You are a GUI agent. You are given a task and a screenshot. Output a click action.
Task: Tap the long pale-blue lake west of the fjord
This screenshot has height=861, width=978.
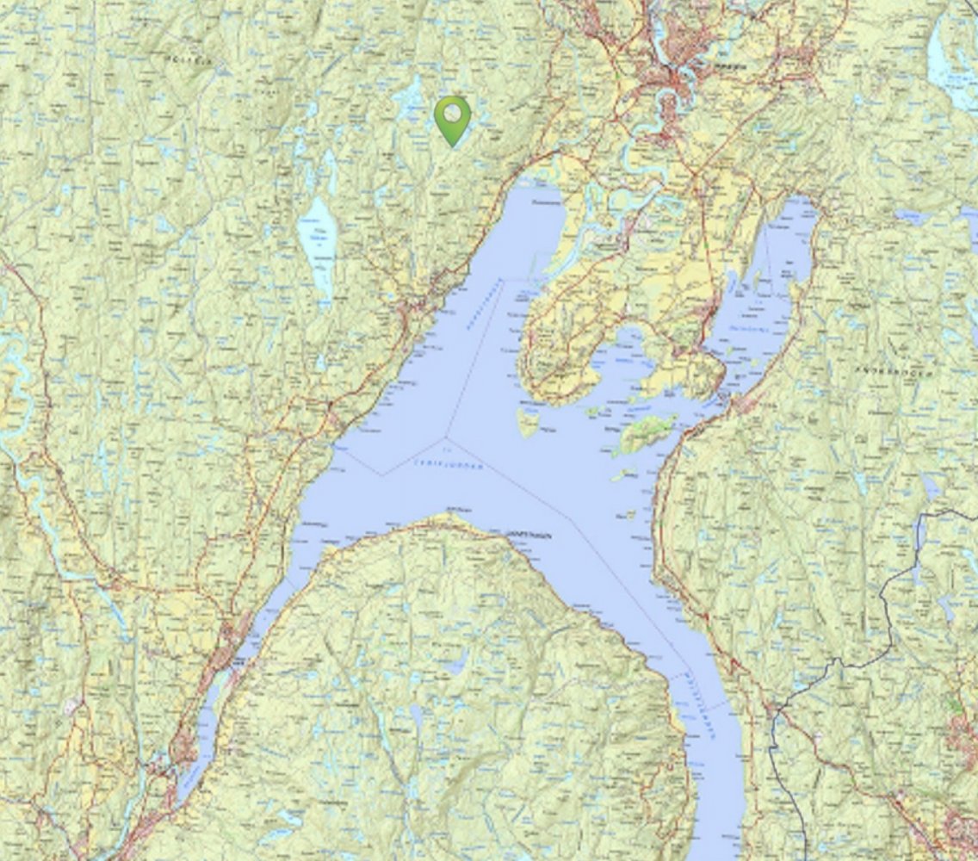(x=318, y=242)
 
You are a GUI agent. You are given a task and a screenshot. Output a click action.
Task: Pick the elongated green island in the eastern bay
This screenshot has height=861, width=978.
(x=647, y=431)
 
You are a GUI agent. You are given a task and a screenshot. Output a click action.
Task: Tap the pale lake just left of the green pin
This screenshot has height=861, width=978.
(x=409, y=99)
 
